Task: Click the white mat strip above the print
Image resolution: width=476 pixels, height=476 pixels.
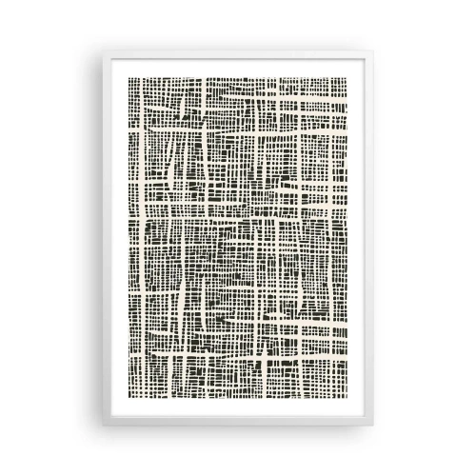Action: point(237,48)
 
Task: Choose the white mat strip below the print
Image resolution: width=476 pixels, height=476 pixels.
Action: point(237,430)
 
